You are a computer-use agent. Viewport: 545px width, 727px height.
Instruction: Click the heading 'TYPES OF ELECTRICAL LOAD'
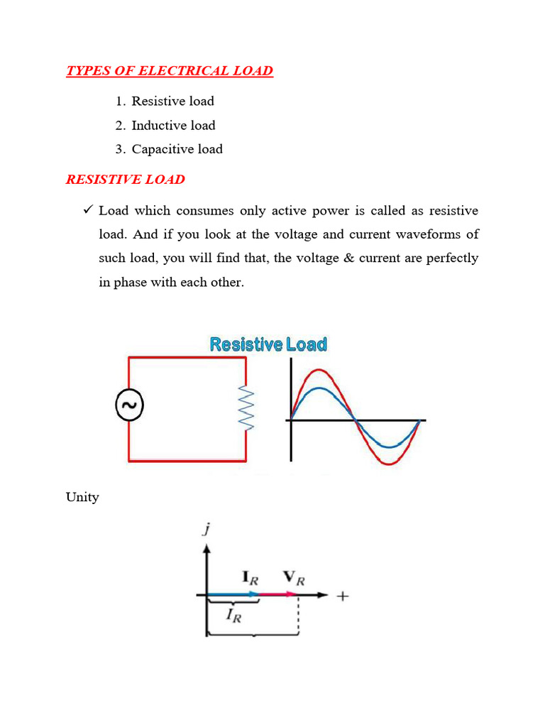[x=170, y=71]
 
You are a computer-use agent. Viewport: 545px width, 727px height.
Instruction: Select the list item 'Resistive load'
[x=172, y=101]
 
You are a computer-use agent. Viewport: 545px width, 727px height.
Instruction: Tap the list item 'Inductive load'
[x=173, y=125]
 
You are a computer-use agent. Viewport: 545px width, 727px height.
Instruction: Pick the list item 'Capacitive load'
[x=177, y=149]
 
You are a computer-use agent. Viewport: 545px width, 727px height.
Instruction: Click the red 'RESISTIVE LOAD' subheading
[x=126, y=179]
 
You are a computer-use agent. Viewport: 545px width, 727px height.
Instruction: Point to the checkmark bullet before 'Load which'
[x=89, y=211]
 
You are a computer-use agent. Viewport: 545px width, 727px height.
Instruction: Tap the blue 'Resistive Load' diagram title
[x=268, y=345]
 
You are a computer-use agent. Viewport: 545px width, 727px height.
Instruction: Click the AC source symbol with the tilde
[x=129, y=406]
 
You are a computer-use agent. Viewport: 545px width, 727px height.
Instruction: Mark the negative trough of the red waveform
[x=390, y=463]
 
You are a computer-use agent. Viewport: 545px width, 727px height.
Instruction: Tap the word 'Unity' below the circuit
[x=82, y=497]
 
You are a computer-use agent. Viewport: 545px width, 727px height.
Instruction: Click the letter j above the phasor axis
[x=205, y=529]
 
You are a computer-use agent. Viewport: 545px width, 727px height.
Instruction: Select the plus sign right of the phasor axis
[x=342, y=596]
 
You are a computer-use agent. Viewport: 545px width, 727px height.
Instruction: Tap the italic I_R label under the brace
[x=234, y=616]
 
